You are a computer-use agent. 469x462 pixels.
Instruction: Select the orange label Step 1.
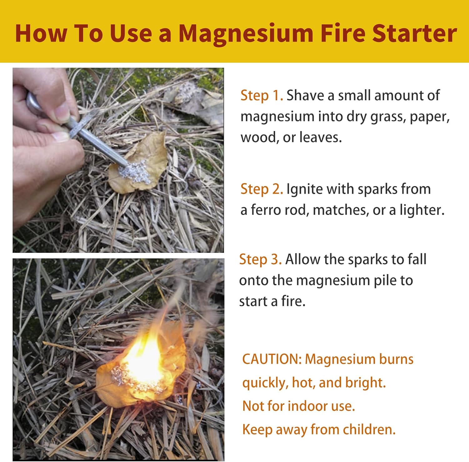click(262, 95)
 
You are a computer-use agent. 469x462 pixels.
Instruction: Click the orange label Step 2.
click(262, 189)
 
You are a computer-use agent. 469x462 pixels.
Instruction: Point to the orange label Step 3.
click(260, 259)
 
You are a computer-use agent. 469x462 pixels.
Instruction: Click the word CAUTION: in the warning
click(272, 359)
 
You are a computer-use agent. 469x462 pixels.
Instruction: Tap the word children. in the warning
click(369, 429)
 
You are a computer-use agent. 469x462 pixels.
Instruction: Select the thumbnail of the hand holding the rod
click(118, 160)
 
